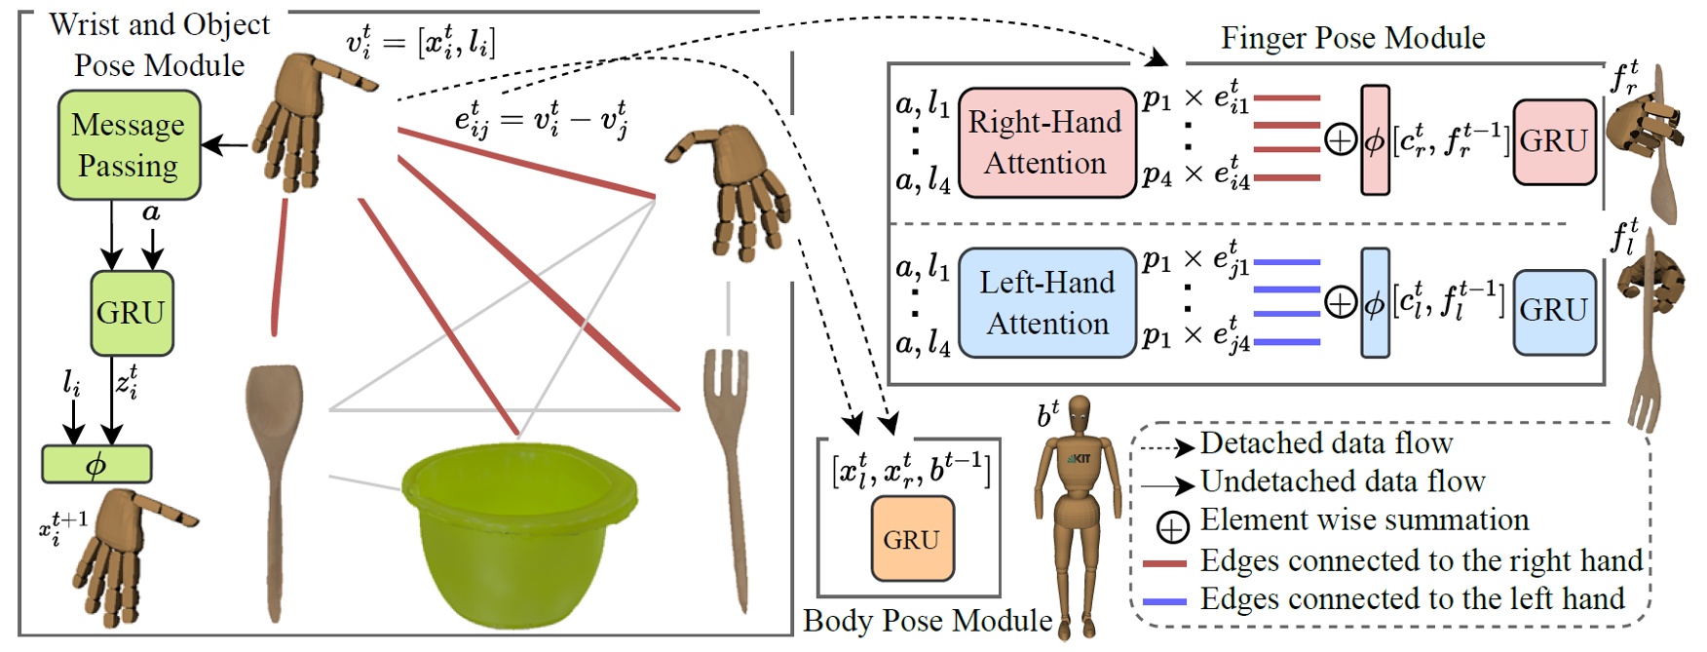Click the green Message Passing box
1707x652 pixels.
click(129, 145)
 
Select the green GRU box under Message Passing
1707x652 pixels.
click(132, 313)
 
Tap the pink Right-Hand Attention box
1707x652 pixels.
click(1046, 142)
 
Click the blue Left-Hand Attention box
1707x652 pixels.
click(1047, 303)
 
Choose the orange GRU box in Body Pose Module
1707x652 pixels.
click(911, 539)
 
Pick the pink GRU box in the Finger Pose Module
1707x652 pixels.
click(1554, 141)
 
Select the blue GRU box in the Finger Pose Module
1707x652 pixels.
click(1554, 310)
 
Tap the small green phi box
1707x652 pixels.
click(96, 465)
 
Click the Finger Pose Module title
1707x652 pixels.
click(1352, 38)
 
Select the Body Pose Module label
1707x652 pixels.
click(927, 621)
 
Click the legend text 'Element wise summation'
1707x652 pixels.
click(1364, 520)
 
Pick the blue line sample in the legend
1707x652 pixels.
click(1164, 601)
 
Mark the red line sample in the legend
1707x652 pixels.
click(1164, 563)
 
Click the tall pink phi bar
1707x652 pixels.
click(1375, 140)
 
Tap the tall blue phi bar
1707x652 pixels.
click(1375, 303)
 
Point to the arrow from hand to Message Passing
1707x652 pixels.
click(225, 146)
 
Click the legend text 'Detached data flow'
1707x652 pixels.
click(1326, 443)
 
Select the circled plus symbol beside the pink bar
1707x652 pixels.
click(1341, 141)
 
